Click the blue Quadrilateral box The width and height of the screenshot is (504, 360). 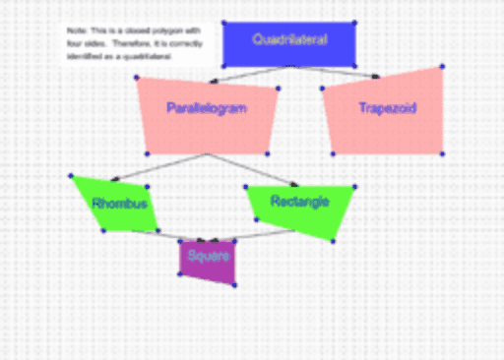pos(288,55)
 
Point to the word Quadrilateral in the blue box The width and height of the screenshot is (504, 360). pos(288,40)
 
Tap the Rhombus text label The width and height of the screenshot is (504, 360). pos(119,205)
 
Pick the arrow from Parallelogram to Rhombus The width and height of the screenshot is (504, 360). pos(157,166)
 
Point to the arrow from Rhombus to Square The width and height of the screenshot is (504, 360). pos(167,235)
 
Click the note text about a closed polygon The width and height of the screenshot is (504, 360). pos(133,45)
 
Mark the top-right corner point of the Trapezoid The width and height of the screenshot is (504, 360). pos(442,66)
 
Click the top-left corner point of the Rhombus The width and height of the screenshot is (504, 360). pos(71,176)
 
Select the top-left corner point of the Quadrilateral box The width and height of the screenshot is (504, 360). pos(223,22)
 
